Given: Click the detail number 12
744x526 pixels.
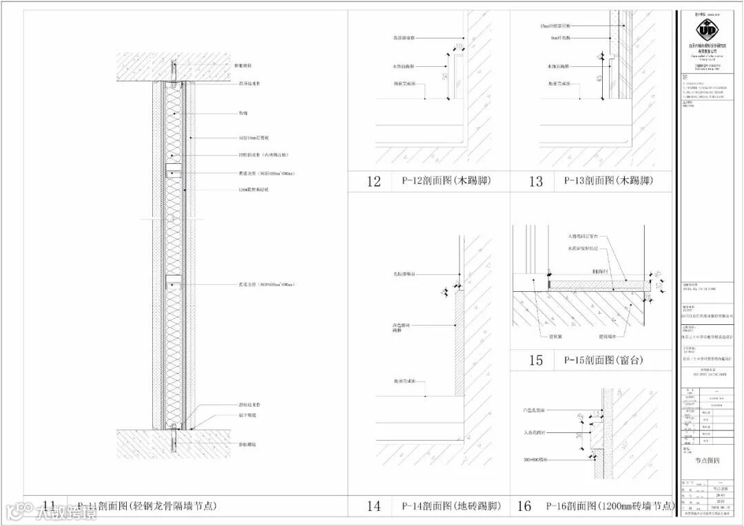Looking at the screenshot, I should point(374,182).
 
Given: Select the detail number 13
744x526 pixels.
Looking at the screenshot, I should point(536,182).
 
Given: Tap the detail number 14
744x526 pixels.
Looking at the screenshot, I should point(374,507).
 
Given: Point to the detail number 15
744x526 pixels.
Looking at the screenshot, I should point(536,360).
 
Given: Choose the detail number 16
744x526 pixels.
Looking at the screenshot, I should point(524,507).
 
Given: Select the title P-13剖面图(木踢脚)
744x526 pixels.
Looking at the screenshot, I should point(608,181).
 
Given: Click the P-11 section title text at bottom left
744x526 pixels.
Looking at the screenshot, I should point(147,506).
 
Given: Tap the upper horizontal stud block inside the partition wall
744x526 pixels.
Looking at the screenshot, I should point(174,169).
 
